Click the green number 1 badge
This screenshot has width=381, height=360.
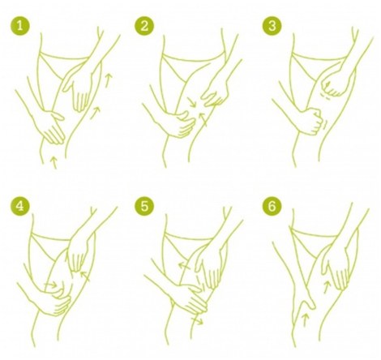click(20, 26)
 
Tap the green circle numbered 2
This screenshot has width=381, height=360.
click(144, 26)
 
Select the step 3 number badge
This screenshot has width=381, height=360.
click(272, 26)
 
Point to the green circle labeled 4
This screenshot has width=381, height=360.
click(20, 206)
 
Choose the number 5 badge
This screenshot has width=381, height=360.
click(144, 207)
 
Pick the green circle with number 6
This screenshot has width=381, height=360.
click(272, 207)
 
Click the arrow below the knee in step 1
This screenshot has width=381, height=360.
click(54, 161)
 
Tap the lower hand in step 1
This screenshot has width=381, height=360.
click(52, 127)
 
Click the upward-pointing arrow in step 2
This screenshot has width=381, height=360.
click(203, 119)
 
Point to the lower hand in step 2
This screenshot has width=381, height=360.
click(180, 124)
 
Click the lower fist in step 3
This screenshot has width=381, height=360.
click(314, 121)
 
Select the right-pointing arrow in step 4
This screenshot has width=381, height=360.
click(50, 285)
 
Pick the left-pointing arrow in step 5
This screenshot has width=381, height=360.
click(185, 266)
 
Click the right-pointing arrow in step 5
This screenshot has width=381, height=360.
click(196, 321)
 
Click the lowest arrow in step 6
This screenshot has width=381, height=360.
click(305, 320)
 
